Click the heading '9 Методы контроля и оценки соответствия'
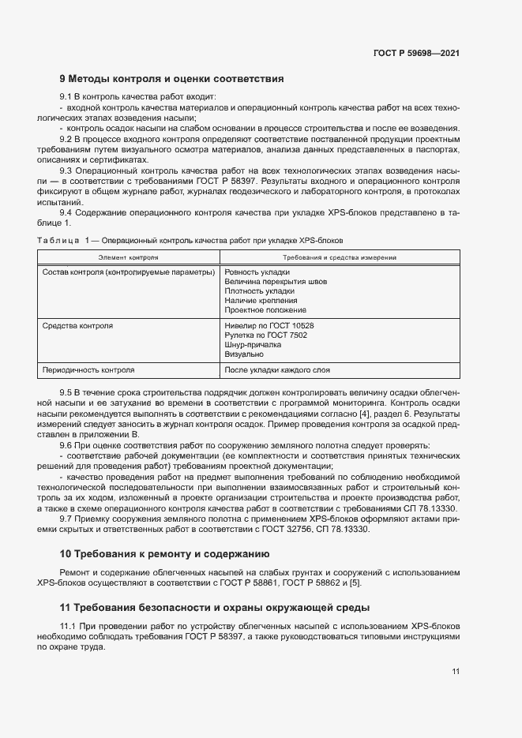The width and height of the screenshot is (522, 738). point(171,79)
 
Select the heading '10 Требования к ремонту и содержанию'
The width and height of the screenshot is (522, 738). point(165,554)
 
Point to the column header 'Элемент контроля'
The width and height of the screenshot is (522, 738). point(128,257)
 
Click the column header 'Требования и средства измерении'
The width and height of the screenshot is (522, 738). point(340,257)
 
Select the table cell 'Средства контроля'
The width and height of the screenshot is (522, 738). point(77,325)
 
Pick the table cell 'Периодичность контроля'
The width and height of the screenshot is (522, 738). point(88,369)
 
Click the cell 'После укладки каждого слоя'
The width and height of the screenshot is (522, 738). point(277,369)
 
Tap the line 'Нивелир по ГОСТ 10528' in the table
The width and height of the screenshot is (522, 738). point(269,325)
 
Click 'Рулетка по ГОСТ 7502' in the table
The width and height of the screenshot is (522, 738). point(266,335)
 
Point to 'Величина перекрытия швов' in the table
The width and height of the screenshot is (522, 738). point(276,281)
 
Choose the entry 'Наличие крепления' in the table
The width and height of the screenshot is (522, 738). point(261,300)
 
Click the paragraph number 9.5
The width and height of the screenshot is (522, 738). point(66,392)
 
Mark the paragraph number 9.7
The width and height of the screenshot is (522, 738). point(66,518)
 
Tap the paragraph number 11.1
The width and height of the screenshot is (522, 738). point(69,625)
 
